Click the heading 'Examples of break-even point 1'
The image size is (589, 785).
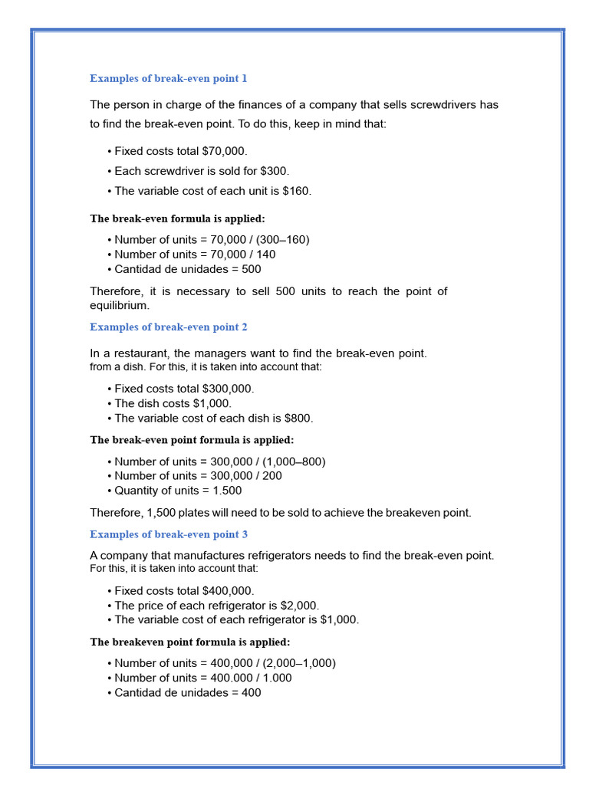pyautogui.click(x=168, y=78)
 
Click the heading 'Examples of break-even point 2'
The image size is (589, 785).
pyautogui.click(x=168, y=327)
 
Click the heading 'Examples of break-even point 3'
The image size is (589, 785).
pyautogui.click(x=168, y=534)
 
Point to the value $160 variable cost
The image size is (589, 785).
pyautogui.click(x=298, y=191)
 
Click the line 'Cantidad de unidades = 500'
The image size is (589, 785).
pyautogui.click(x=187, y=269)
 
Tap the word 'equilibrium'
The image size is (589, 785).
pyautogui.click(x=119, y=305)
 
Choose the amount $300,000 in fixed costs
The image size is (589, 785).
pyautogui.click(x=227, y=389)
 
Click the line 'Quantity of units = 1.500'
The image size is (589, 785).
pyautogui.click(x=178, y=491)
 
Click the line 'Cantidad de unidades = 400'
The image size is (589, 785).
pyautogui.click(x=187, y=692)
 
